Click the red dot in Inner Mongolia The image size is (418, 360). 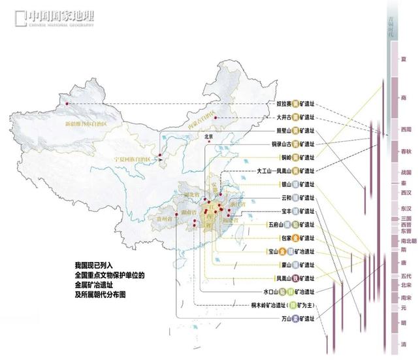[215, 118]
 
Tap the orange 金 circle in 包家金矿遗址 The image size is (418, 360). [296, 238]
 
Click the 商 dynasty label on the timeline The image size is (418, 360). [402, 97]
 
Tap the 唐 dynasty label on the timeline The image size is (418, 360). [403, 263]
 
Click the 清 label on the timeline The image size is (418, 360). [403, 343]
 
